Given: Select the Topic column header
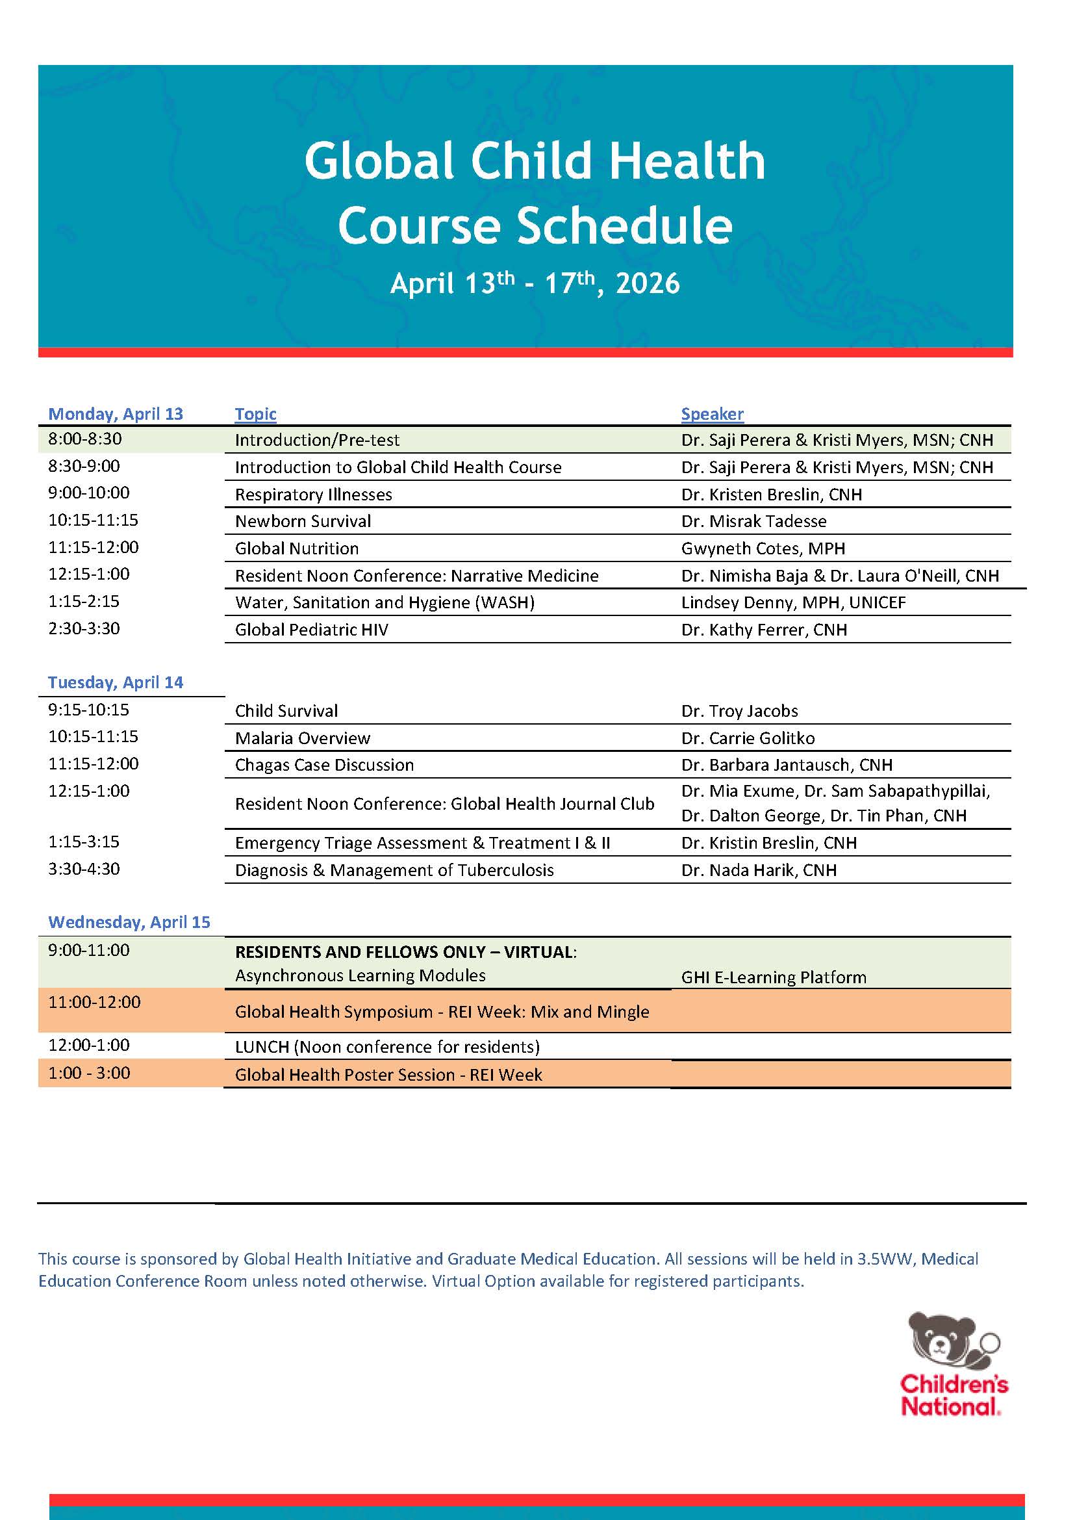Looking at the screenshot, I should click(x=255, y=414).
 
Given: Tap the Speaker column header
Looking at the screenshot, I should click(x=713, y=414).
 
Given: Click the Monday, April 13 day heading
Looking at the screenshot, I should click(x=116, y=414).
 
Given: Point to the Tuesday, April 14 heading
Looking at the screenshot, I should click(x=116, y=682).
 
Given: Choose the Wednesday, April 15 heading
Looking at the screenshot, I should click(x=129, y=922).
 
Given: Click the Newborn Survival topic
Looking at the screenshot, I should click(x=303, y=521).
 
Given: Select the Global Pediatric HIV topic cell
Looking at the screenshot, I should click(x=312, y=630).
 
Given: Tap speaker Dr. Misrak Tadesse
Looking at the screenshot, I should click(x=754, y=521).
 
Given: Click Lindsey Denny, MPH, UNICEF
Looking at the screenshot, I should click(x=794, y=602).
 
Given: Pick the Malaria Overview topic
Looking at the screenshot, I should click(x=303, y=738).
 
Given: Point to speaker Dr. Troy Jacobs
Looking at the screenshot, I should click(x=739, y=711).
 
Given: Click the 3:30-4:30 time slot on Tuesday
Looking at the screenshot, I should click(x=84, y=869).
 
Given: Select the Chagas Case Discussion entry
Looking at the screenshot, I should click(x=324, y=765).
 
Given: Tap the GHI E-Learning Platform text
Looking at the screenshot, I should click(x=774, y=977).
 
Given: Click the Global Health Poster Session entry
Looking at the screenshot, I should click(x=388, y=1075).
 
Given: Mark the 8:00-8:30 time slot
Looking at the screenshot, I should click(x=84, y=439).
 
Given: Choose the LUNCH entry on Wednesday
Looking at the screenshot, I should click(x=387, y=1047).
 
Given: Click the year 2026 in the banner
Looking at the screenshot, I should click(x=648, y=283).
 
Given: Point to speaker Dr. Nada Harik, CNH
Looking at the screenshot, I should click(x=759, y=870).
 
